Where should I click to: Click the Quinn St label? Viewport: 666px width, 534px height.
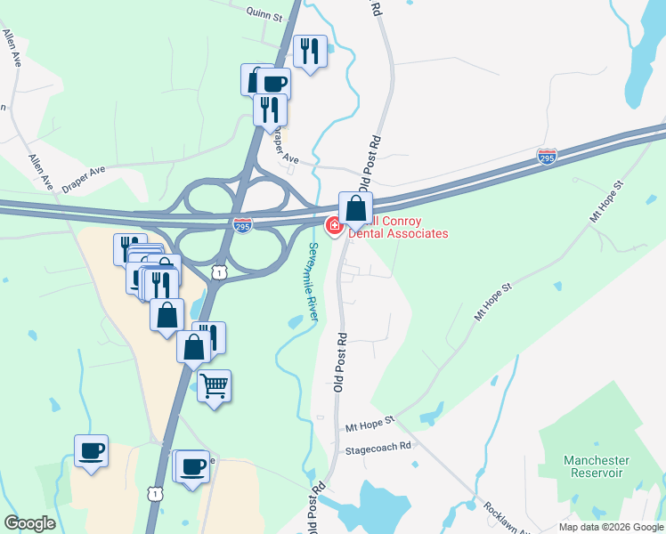coord(264,16)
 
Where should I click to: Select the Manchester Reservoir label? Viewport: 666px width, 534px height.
coord(597,466)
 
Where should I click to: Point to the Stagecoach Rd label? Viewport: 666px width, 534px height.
coord(378,446)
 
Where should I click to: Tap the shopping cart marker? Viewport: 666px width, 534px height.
coord(214,386)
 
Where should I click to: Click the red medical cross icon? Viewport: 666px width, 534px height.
coord(335,227)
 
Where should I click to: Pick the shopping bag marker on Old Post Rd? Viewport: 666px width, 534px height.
coord(355,209)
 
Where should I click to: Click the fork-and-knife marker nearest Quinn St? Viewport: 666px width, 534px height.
coord(310,51)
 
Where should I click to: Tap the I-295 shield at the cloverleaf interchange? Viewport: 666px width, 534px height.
coord(242,225)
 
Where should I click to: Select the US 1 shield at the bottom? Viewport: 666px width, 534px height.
coord(156,492)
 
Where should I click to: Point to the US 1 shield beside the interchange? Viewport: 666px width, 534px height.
coord(219,270)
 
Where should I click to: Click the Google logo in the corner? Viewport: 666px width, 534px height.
coord(29,523)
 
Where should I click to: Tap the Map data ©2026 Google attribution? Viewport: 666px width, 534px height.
coord(611,527)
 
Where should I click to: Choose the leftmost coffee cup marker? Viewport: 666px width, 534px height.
coord(91,450)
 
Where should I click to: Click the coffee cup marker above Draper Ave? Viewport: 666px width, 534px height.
coord(273,84)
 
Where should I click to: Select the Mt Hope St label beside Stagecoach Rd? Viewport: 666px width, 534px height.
coord(370,428)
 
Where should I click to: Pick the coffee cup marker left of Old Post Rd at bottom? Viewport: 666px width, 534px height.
coord(192,466)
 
